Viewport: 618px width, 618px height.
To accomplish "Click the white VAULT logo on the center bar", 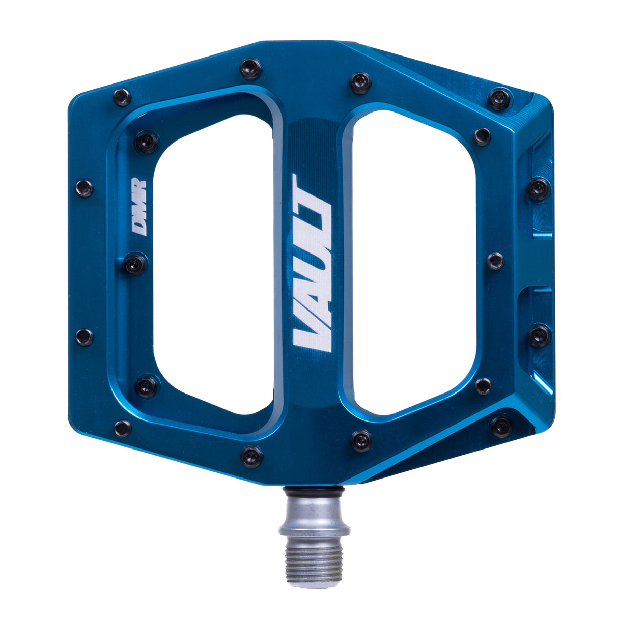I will (312, 263).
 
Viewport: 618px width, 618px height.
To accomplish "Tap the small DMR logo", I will (139, 207).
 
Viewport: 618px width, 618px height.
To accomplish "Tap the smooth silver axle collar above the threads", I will (314, 517).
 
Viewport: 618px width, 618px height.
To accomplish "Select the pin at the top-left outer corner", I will (122, 97).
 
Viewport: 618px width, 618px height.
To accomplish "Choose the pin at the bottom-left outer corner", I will (123, 428).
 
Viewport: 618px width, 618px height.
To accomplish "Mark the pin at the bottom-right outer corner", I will (501, 426).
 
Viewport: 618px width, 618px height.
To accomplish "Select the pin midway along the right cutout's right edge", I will (495, 261).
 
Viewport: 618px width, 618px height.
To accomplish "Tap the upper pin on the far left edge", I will (85, 188).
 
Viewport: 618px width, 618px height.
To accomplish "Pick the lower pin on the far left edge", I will (85, 337).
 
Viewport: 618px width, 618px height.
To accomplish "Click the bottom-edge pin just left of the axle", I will (251, 456).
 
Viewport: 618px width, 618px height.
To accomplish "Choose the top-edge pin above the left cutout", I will (250, 68).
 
